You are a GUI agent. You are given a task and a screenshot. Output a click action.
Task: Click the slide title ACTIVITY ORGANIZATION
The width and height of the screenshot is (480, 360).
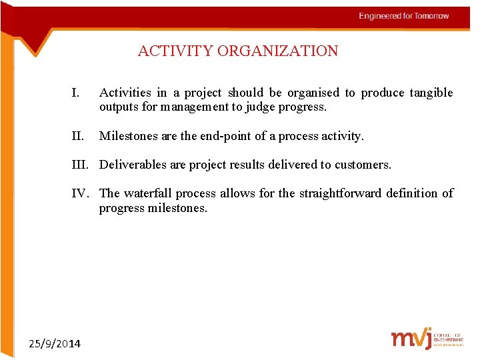pyautogui.click(x=238, y=51)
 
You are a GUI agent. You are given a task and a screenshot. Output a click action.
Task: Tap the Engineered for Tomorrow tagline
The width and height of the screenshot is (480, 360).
pyautogui.click(x=403, y=16)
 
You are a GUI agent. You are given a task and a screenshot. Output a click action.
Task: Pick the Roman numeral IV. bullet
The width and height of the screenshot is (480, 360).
pyautogui.click(x=83, y=193)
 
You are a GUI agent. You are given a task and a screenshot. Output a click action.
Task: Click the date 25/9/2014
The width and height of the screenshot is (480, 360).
pyautogui.click(x=55, y=343)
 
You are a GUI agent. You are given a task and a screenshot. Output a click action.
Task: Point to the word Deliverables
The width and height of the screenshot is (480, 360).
pyautogui.click(x=133, y=164)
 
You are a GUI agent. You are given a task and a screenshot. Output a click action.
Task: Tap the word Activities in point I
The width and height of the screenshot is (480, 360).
pyautogui.click(x=125, y=93)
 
